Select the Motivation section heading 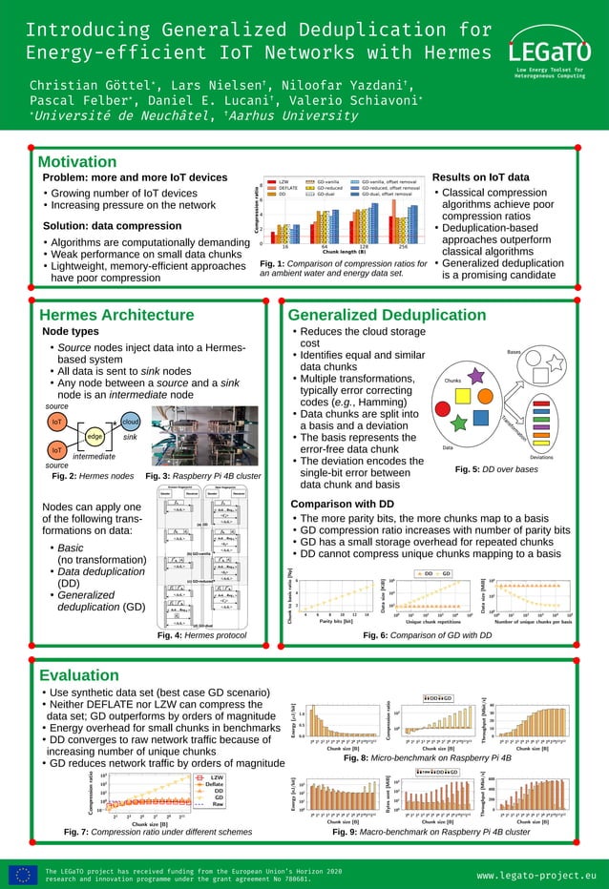pyautogui.click(x=77, y=161)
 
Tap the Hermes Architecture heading pyautogui.click(x=116, y=316)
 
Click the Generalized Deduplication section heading pyautogui.click(x=387, y=316)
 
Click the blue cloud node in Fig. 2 pyautogui.click(x=131, y=422)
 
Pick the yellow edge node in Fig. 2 pyautogui.click(x=95, y=436)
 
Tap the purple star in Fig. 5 pyautogui.click(x=475, y=378)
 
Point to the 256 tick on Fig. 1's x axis pyautogui.click(x=402, y=245)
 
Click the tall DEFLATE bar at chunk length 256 pyautogui.click(x=393, y=223)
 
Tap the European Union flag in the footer pyautogui.click(x=24, y=874)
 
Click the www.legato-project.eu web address pyautogui.click(x=535, y=874)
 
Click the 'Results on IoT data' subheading pyautogui.click(x=480, y=177)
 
